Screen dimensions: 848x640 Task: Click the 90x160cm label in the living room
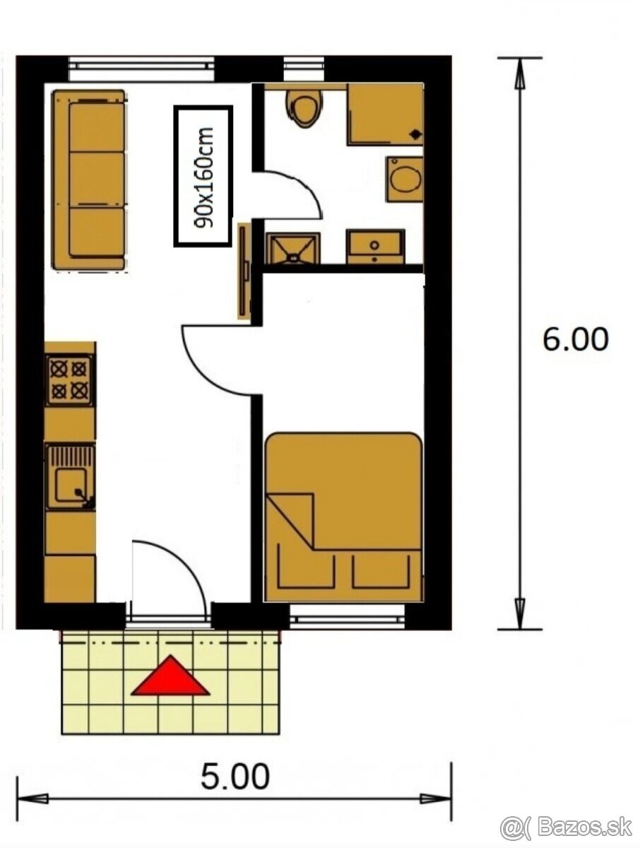click(x=203, y=177)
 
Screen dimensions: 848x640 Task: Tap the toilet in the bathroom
click(x=304, y=107)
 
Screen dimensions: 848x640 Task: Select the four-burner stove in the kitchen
click(x=69, y=379)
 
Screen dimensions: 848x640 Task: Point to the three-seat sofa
click(x=90, y=179)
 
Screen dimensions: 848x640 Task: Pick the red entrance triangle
click(x=170, y=677)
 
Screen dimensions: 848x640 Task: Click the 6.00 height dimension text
click(x=575, y=340)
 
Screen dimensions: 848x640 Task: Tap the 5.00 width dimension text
click(x=235, y=777)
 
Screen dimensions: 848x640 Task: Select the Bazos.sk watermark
click(x=566, y=827)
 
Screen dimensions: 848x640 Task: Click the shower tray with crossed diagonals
click(x=292, y=248)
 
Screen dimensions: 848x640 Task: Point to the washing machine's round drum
click(x=405, y=179)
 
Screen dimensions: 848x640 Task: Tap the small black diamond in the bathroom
click(x=415, y=133)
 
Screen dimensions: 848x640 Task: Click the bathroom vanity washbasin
click(x=375, y=247)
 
